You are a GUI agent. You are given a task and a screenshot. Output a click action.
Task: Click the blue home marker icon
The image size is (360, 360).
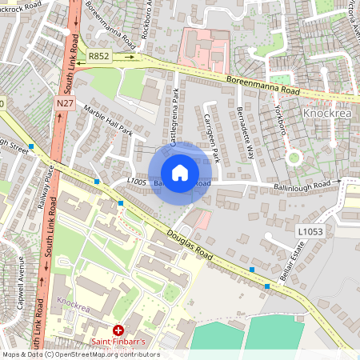pos(180,172)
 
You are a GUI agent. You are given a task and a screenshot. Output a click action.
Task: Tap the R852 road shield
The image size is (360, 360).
pos(99,56)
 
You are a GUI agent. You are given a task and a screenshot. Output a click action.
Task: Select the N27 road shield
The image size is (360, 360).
pos(66,104)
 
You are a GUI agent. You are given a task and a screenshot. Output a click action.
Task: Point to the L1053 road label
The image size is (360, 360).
pos(310,231)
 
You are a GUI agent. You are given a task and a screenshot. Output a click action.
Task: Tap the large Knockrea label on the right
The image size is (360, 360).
pos(329,114)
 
